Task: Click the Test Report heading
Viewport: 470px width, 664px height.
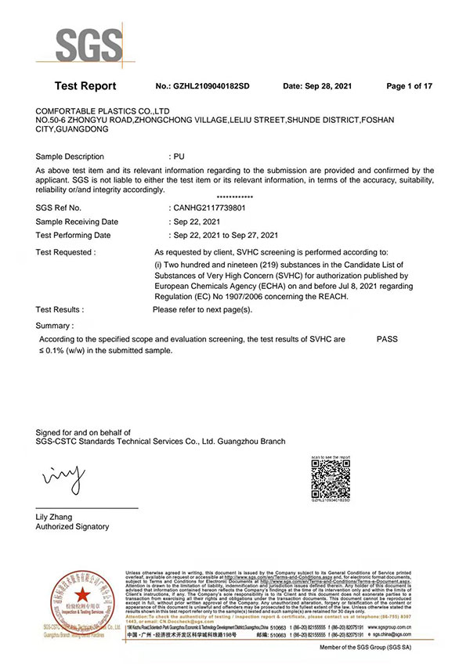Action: (85, 86)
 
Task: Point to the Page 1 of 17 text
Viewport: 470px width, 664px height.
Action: (410, 86)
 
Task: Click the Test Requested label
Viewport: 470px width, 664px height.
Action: (66, 253)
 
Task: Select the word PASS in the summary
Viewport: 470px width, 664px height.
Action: (387, 340)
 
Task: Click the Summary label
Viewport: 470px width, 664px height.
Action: (55, 325)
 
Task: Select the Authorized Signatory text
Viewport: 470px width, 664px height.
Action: (73, 527)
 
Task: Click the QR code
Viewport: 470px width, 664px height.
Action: (331, 478)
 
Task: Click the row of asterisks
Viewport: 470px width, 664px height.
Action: (234, 197)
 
